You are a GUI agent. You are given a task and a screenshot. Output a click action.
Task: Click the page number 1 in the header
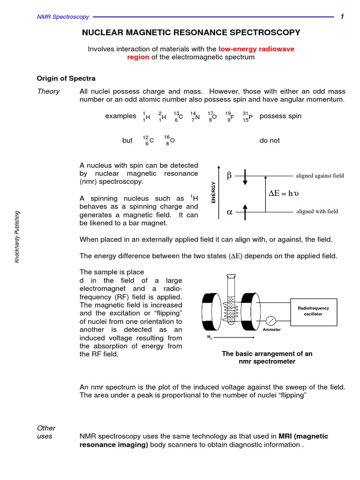click(x=342, y=17)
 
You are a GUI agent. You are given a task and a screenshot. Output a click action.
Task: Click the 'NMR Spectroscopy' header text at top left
click(x=63, y=17)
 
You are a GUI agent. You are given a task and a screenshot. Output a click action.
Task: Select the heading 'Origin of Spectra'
click(x=66, y=78)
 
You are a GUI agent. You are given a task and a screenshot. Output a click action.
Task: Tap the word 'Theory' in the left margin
click(x=48, y=91)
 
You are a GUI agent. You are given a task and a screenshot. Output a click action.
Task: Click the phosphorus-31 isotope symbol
click(x=247, y=116)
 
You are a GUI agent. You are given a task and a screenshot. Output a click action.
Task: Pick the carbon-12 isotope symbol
click(x=148, y=140)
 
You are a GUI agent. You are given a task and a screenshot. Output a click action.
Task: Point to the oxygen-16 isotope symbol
click(x=169, y=140)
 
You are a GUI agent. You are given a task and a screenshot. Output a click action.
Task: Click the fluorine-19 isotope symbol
click(x=229, y=116)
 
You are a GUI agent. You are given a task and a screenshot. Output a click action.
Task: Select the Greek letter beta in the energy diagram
click(x=229, y=176)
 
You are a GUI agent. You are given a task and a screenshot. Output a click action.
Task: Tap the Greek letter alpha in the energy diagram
click(x=229, y=211)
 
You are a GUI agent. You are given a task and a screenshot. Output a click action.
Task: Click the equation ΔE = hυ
click(x=286, y=193)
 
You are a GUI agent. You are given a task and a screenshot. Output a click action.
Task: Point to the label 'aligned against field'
click(x=320, y=176)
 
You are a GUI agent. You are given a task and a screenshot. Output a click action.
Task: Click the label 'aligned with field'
click(x=317, y=211)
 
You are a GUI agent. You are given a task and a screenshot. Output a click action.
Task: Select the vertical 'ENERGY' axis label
click(x=214, y=192)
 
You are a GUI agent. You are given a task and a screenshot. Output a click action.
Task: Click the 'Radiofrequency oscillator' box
click(x=314, y=311)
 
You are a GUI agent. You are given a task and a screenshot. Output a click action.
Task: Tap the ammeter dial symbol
click(x=271, y=321)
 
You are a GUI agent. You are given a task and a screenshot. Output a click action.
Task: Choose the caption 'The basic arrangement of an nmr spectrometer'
click(x=267, y=358)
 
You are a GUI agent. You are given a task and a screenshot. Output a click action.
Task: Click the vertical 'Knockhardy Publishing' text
click(x=18, y=237)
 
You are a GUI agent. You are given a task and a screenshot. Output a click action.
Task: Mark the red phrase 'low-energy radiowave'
click(x=256, y=49)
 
